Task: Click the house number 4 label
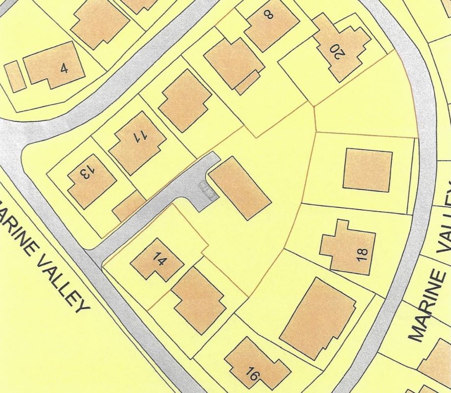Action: [64, 68]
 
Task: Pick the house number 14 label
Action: [158, 258]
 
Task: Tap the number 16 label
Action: [252, 375]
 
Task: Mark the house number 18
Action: [362, 254]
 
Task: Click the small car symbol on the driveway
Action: [207, 189]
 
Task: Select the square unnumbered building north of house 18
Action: [367, 170]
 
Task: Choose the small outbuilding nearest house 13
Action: [129, 205]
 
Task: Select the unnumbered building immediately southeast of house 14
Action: [198, 300]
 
